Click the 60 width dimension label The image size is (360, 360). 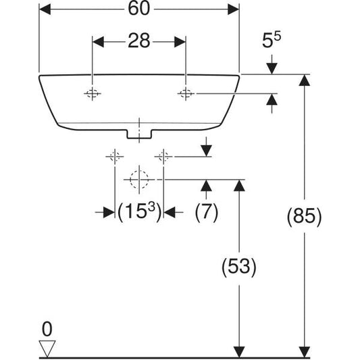click(139, 9)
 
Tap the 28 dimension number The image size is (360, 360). click(139, 41)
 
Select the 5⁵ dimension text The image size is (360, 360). click(271, 40)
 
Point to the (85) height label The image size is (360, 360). click(304, 216)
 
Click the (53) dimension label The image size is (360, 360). click(239, 266)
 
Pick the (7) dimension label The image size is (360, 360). click(206, 211)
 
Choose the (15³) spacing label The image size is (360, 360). click(139, 211)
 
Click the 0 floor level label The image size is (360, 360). click(47, 329)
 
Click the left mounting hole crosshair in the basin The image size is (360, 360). click(93, 93)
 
